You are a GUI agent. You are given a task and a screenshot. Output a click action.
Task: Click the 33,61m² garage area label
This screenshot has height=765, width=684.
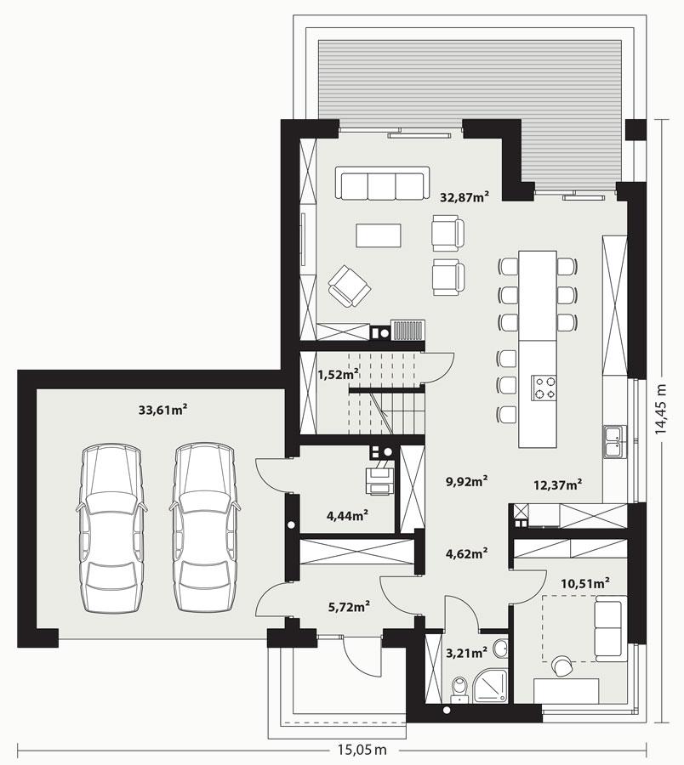pos(162,410)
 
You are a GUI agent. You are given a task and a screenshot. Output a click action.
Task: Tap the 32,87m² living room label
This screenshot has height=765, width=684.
pos(464,197)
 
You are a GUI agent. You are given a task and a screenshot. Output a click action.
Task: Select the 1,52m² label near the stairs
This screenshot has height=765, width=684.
pos(337,373)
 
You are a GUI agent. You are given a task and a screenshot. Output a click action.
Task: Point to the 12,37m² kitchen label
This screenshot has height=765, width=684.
pos(557,484)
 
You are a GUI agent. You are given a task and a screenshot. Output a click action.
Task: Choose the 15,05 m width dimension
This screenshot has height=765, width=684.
pos(358,750)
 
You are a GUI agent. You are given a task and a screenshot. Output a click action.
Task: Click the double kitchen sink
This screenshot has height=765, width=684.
pos(615,439)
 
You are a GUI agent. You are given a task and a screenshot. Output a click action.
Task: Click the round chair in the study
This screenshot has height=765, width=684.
pos(562,666)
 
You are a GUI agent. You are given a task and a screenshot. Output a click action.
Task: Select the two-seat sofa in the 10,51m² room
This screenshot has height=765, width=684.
pos(609,627)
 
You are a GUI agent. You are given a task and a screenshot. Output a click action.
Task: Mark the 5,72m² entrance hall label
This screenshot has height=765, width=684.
pos(349,607)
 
